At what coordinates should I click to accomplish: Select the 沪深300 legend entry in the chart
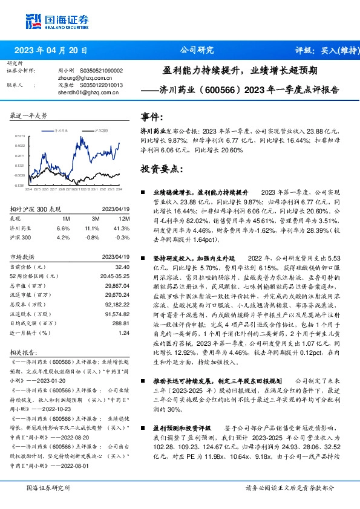click(102, 130)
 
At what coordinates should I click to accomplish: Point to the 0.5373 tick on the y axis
click(20, 137)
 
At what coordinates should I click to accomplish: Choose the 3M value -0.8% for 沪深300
click(92, 238)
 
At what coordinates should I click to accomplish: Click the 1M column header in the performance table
click(66, 219)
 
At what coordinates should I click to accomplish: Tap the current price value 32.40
click(123, 266)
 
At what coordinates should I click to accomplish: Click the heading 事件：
click(152, 117)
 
